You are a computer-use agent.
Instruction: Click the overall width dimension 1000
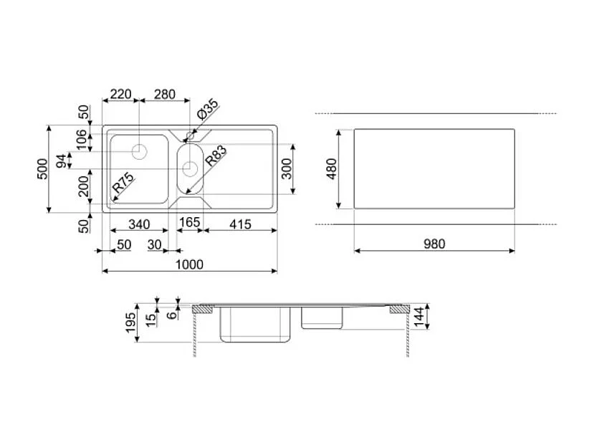tap(190, 264)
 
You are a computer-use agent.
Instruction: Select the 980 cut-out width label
tap(433, 244)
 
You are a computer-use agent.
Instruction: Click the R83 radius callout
tap(216, 157)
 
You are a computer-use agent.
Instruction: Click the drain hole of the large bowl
tap(140, 151)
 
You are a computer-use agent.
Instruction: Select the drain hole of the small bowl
tap(190, 168)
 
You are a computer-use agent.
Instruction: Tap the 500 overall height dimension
tap(43, 169)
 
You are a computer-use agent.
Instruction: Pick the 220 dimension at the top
tap(121, 95)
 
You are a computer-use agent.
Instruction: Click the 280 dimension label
tap(165, 95)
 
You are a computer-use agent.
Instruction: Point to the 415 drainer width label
tap(240, 224)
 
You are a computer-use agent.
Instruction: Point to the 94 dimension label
tap(62, 160)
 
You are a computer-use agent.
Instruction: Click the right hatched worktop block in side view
tap(397, 310)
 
